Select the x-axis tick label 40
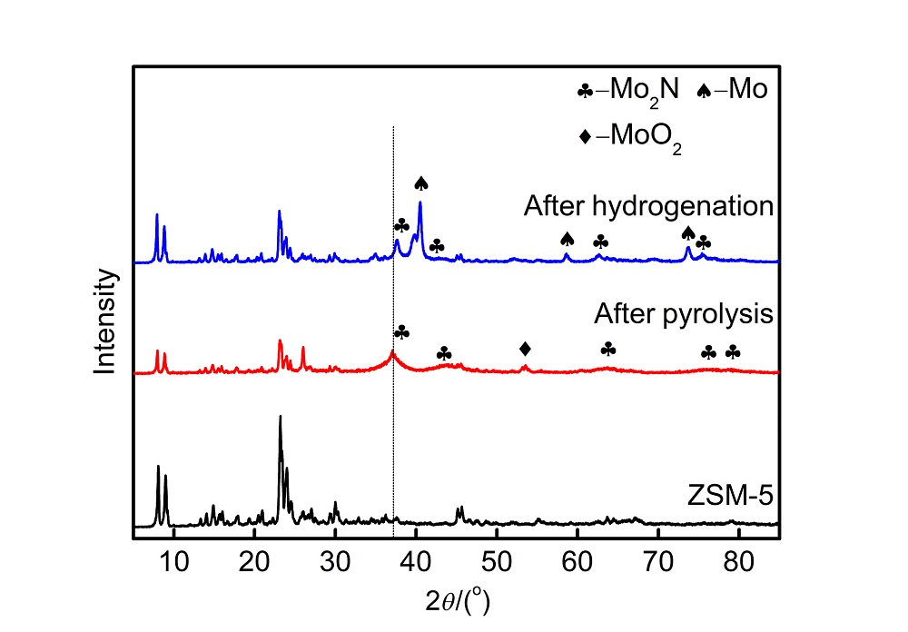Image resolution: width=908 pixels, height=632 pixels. [416, 559]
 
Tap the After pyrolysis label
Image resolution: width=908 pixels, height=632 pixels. [683, 314]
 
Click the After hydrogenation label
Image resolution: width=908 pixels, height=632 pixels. [647, 206]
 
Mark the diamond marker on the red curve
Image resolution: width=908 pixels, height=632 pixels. [525, 349]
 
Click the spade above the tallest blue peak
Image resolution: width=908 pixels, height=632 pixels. [420, 183]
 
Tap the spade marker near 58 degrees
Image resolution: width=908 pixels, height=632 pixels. [567, 239]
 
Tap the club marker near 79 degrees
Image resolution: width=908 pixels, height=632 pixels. [733, 351]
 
